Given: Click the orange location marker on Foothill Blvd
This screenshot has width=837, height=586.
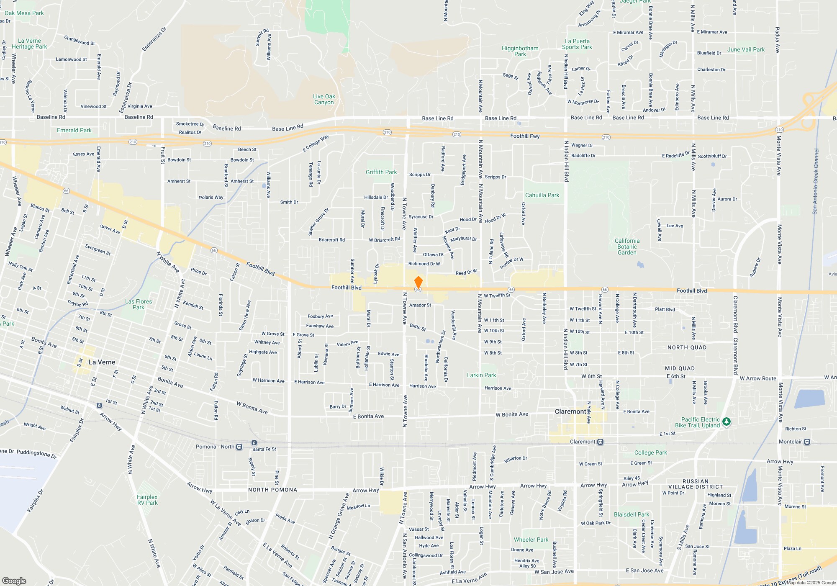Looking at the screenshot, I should pyautogui.click(x=418, y=282).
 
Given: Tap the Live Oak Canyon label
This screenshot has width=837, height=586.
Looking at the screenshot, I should pyautogui.click(x=324, y=99).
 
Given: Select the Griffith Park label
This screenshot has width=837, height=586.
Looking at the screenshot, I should pyautogui.click(x=381, y=172).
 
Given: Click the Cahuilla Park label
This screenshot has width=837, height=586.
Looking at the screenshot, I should pyautogui.click(x=542, y=195).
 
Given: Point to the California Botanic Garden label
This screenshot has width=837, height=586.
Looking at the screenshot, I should pyautogui.click(x=627, y=247).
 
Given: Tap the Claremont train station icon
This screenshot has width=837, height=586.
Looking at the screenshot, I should pyautogui.click(x=601, y=442).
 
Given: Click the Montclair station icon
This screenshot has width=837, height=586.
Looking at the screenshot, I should pyautogui.click(x=807, y=442).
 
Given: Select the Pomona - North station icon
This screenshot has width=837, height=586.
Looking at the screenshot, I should pyautogui.click(x=239, y=447).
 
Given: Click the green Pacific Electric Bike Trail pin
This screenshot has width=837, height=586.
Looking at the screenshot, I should pyautogui.click(x=727, y=422).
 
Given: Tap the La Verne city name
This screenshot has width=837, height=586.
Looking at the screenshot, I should pyautogui.click(x=102, y=362).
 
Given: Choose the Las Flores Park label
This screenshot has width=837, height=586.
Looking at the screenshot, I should pyautogui.click(x=139, y=304).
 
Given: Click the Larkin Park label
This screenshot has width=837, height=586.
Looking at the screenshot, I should pyautogui.click(x=481, y=375).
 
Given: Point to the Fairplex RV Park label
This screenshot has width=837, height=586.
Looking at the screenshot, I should pyautogui.click(x=147, y=500).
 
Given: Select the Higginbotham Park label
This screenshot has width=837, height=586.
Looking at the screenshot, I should pyautogui.click(x=520, y=51).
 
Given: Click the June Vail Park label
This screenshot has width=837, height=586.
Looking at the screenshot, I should pyautogui.click(x=746, y=49).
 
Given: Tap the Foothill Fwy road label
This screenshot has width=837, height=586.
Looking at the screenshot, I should pyautogui.click(x=525, y=136).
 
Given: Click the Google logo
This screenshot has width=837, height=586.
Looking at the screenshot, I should pyautogui.click(x=14, y=581).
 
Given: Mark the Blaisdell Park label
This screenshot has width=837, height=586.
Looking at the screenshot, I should pyautogui.click(x=632, y=514).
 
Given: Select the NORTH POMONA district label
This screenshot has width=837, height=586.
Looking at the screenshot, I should pyautogui.click(x=272, y=490).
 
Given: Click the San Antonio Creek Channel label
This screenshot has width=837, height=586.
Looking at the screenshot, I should pyautogui.click(x=815, y=181).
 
